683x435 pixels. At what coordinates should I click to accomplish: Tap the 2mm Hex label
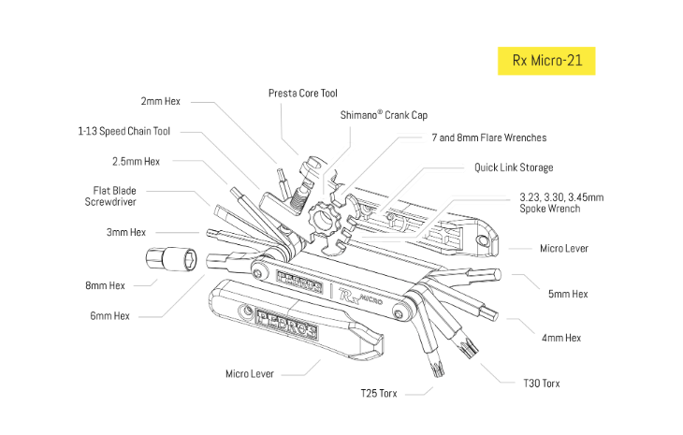(x=162, y=100)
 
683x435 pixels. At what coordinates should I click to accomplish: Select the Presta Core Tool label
(x=302, y=93)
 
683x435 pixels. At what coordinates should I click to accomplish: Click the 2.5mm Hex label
(x=136, y=161)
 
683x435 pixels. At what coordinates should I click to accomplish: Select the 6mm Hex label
(x=109, y=315)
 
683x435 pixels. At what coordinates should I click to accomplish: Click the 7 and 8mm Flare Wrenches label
(x=488, y=138)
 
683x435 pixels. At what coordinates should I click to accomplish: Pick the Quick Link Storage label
(x=513, y=167)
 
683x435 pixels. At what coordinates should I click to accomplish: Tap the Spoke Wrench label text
(x=560, y=203)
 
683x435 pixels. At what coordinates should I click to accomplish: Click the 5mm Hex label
(x=567, y=294)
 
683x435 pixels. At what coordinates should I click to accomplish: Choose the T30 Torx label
(x=542, y=384)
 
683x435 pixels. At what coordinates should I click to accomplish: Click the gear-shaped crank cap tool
(x=324, y=222)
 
